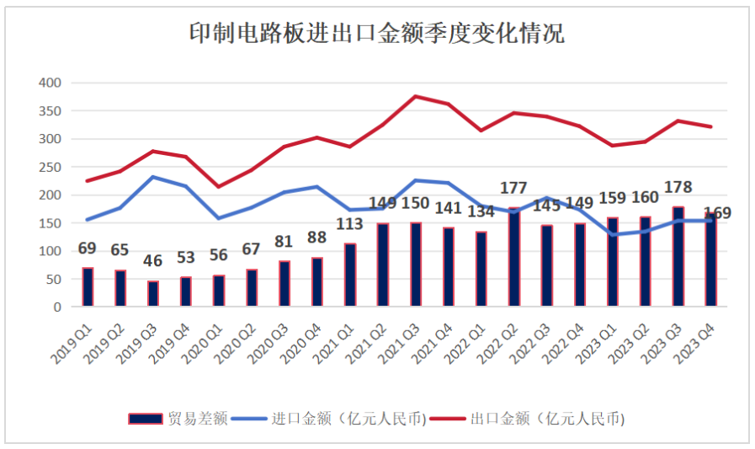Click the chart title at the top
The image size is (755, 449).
(376, 34)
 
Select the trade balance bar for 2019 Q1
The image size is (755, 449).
(88, 287)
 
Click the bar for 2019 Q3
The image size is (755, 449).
(153, 294)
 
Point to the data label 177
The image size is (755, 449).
(513, 187)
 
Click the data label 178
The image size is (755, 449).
(678, 187)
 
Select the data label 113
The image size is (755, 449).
(349, 224)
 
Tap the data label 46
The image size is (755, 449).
(152, 261)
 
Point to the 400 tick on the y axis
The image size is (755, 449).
(51, 83)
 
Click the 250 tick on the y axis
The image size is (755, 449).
(51, 167)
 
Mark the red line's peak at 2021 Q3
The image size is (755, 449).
(416, 96)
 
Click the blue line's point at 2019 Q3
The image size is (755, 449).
(153, 177)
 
